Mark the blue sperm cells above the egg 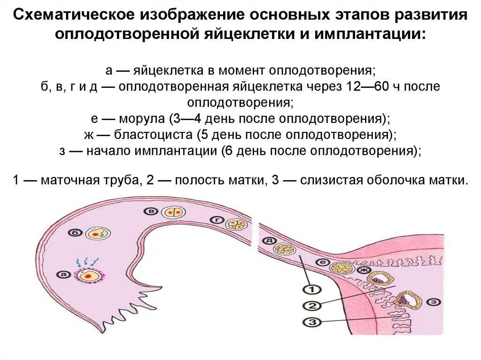pyautogui.click(x=87, y=260)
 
